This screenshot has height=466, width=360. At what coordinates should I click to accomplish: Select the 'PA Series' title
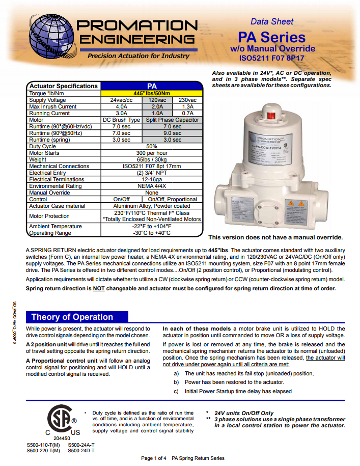tap(272, 37)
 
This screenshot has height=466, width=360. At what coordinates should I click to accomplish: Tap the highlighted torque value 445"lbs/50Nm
tap(152, 93)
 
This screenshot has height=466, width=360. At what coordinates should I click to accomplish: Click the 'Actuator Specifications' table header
tap(63, 86)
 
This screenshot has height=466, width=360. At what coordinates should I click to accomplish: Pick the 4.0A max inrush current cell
tap(121, 106)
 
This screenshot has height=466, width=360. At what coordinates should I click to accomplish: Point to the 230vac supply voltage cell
tap(187, 100)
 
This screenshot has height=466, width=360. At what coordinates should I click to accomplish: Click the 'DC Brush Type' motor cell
tap(121, 120)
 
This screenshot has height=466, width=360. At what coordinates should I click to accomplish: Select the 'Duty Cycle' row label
tap(43, 146)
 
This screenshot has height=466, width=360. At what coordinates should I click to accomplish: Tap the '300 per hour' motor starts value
tap(152, 153)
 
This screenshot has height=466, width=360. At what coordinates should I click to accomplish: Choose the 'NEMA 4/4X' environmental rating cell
tap(152, 186)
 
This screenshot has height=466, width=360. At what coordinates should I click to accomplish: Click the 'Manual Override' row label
tap(50, 193)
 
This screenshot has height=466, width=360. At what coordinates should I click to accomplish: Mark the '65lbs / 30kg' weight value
tap(152, 159)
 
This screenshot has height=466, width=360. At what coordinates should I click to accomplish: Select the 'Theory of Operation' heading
tap(72, 317)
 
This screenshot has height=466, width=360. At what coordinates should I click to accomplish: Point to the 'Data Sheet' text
tap(272, 21)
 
